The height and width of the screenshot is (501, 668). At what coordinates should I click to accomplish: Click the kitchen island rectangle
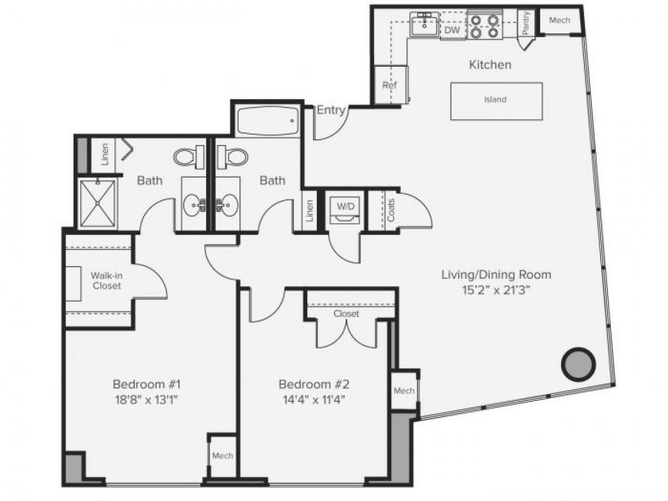(x=496, y=101)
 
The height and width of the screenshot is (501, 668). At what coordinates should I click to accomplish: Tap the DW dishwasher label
(x=453, y=31)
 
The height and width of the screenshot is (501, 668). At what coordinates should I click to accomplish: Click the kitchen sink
(x=425, y=24)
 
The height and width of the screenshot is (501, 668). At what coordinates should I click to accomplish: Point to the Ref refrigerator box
(x=389, y=85)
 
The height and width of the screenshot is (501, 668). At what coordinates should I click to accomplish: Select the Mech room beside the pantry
(x=559, y=21)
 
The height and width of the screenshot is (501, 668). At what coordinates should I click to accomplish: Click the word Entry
(x=331, y=110)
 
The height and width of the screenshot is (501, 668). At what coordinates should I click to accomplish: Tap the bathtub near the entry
(x=267, y=121)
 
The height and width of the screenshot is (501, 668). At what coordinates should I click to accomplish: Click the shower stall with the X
(x=97, y=203)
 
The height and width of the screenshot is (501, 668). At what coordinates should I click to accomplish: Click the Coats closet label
(x=391, y=210)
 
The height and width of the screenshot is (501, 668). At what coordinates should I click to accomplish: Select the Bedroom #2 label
(x=313, y=384)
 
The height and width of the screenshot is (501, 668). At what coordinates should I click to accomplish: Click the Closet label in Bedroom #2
(x=346, y=314)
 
